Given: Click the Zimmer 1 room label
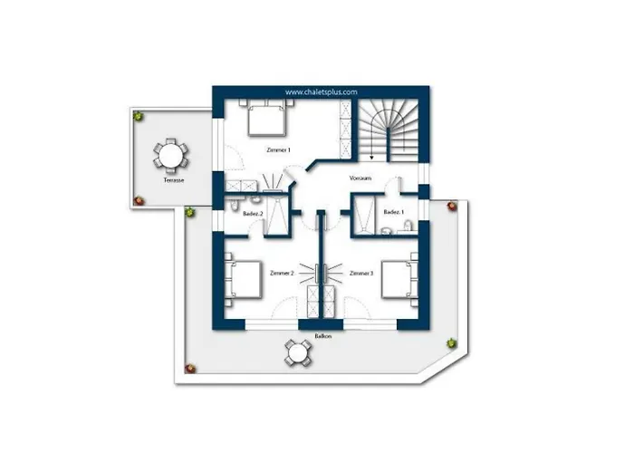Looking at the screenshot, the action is pos(279,150).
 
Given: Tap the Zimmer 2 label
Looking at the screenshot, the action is pos(282,274).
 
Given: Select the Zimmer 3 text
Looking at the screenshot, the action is pos(361,274).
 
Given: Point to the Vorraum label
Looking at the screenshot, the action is pos(360,178).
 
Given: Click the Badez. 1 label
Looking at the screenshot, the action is pos(394,212).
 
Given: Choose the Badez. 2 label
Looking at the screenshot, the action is pos(253,213).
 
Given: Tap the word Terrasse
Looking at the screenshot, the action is pos(174,180).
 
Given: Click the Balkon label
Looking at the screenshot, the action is pos(323,336).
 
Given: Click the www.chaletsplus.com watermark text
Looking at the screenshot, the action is pos(322,92).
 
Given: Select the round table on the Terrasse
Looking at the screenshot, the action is pos(170,155).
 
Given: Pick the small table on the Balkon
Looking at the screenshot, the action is pos(298,353).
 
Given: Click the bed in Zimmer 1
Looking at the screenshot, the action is pos(267,118).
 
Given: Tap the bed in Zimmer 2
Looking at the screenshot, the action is pos(244,280).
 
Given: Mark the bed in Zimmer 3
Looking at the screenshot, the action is pos(400,280).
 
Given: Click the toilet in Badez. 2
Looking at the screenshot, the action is pos(235,206).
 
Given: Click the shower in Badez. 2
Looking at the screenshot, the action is pos(276,216).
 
